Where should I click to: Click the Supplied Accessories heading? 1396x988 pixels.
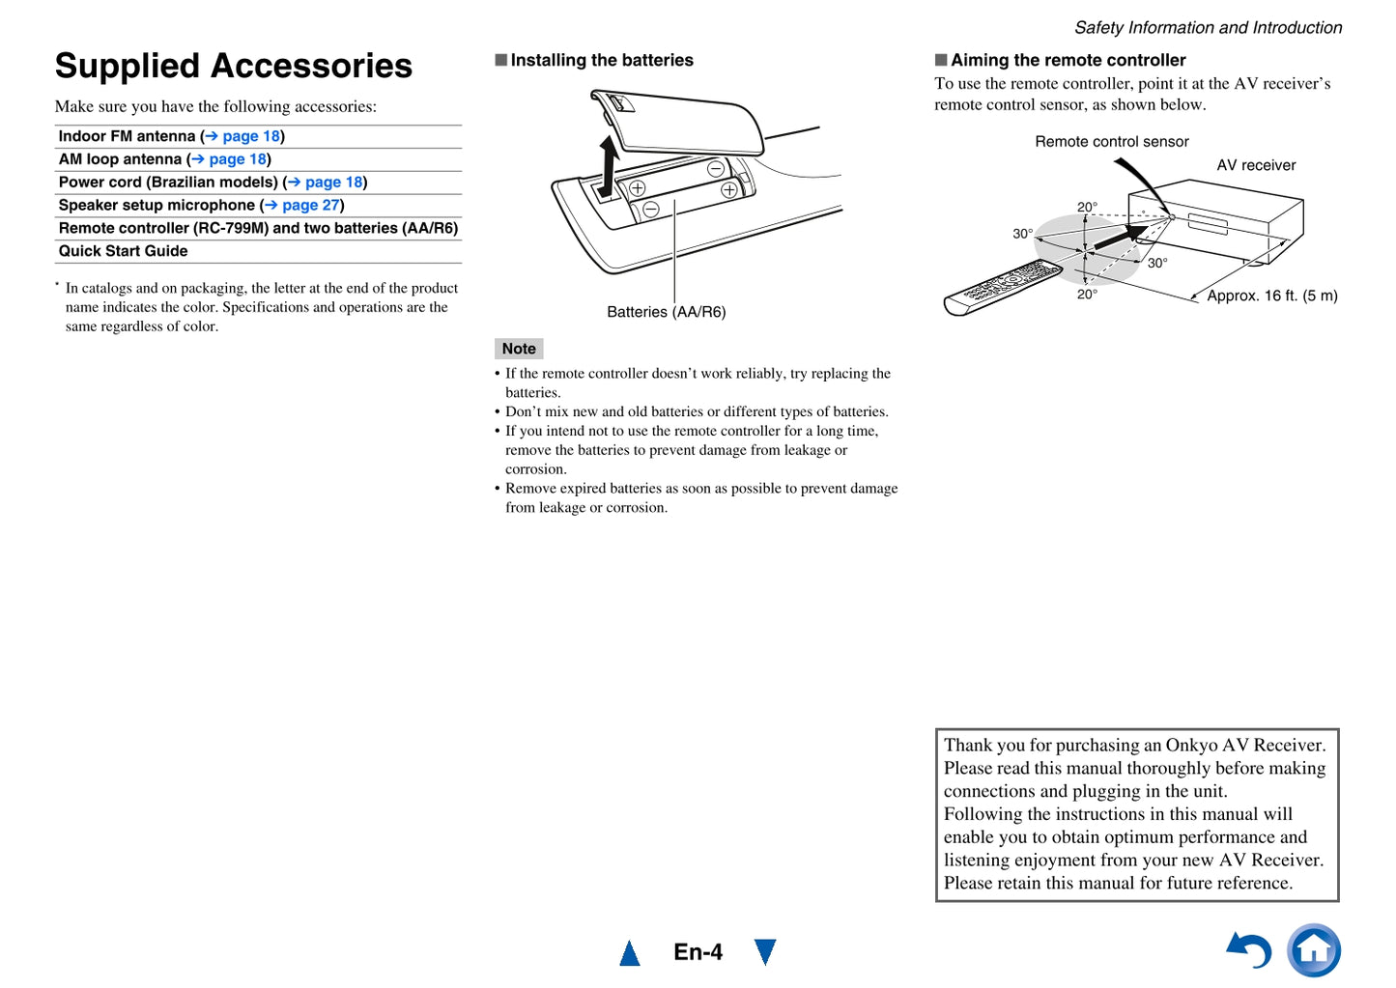tap(233, 66)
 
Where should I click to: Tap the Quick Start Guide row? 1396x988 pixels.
tap(123, 251)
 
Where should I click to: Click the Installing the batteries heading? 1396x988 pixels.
tap(601, 60)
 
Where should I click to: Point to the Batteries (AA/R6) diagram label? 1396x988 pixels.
tap(666, 312)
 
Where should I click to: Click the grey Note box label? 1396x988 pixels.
tap(519, 349)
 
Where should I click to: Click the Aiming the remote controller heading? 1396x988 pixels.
tap(1068, 60)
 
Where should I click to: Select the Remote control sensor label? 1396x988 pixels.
tap(1111, 141)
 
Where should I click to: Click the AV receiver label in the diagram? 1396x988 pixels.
tap(1256, 165)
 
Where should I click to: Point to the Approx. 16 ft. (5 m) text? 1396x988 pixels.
tap(1271, 296)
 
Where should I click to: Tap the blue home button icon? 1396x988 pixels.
tap(1314, 950)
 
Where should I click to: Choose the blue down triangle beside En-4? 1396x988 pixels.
tap(765, 951)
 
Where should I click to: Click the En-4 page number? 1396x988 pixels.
tap(698, 952)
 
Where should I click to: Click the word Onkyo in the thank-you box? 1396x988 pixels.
tap(1191, 745)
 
